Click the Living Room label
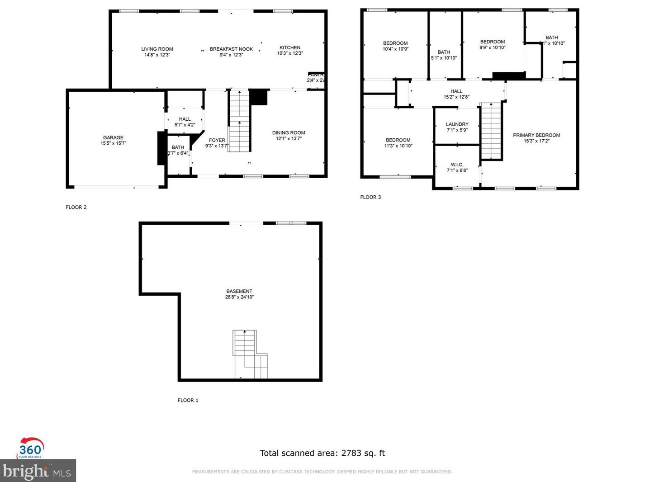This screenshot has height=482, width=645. point(157,49)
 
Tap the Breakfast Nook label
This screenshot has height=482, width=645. point(231,49)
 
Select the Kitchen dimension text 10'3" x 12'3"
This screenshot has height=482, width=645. point(290,53)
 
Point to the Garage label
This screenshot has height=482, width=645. point(113,137)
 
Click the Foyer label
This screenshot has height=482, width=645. point(217,140)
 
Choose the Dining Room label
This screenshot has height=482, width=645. point(289,133)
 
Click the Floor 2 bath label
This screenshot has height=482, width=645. point(178,147)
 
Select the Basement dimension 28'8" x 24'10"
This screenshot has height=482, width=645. point(239,298)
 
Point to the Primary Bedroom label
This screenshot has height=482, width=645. point(536,135)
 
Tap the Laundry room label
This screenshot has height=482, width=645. point(457,124)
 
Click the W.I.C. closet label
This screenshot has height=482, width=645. point(457,165)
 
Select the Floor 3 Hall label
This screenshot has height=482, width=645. point(456,91)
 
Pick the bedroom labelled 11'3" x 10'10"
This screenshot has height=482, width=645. point(398,143)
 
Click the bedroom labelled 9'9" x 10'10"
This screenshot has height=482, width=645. point(493,44)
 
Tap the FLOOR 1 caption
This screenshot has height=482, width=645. point(188,400)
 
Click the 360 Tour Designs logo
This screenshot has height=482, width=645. point(30,448)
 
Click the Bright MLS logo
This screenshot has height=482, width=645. point(38,471)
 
